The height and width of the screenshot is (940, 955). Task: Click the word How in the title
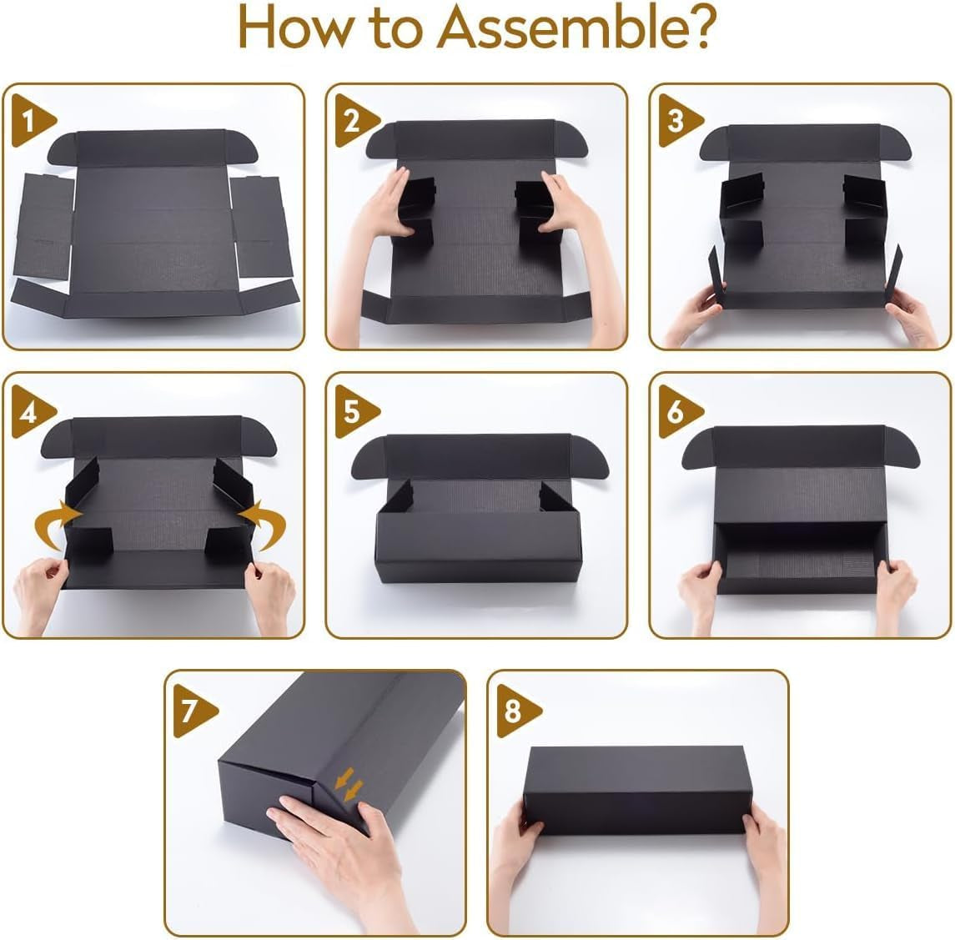[295, 28]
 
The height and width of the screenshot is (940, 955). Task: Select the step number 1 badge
[32, 121]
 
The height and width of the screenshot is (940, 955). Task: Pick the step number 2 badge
[355, 121]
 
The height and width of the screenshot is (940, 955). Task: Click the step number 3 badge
[678, 121]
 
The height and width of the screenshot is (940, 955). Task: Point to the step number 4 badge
[32, 412]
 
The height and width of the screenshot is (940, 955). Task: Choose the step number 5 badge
[355, 412]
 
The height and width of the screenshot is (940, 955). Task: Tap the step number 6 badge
[678, 412]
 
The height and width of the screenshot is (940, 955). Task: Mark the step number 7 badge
[193, 711]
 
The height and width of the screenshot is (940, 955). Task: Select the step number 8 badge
[516, 711]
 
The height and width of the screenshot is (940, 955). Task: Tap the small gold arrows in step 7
[349, 785]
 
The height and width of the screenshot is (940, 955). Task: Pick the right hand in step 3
[911, 318]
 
